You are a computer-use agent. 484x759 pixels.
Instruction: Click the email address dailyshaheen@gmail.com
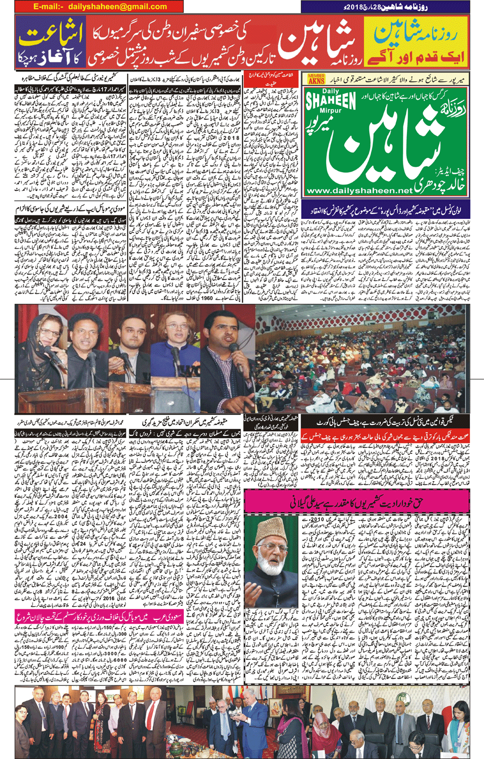(x=100, y=7)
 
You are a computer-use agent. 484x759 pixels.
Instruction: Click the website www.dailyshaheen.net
(x=358, y=190)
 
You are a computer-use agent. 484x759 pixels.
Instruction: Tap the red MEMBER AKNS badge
(x=316, y=79)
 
